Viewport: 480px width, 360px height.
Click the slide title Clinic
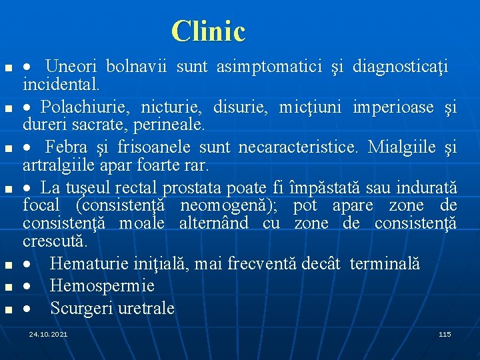[208, 31]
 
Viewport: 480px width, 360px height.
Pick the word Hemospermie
[102, 286]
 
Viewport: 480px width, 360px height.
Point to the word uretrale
[146, 309]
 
